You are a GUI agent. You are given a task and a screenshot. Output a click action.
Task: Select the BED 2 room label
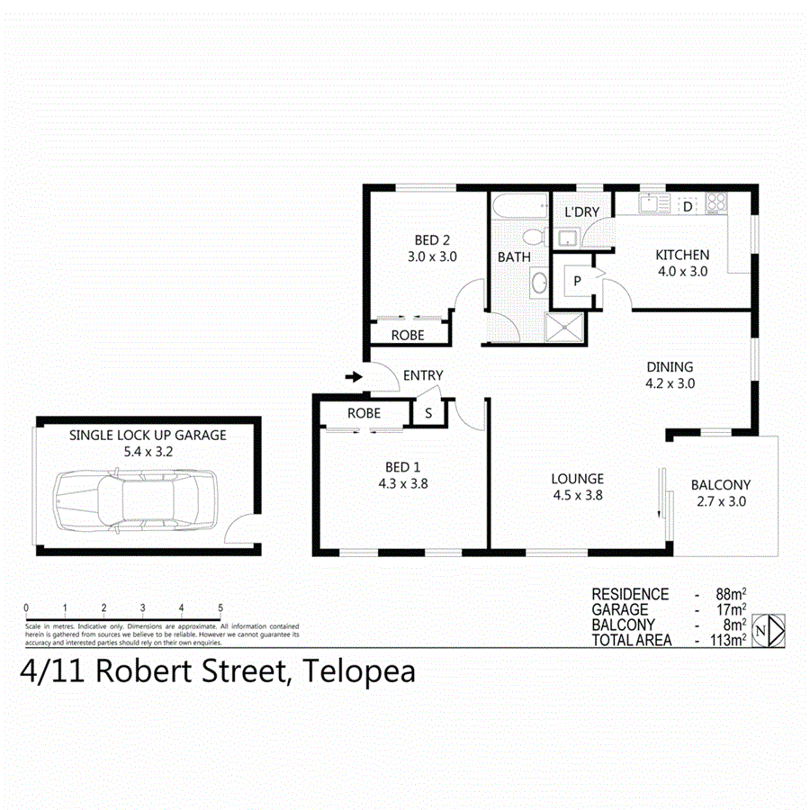(432, 240)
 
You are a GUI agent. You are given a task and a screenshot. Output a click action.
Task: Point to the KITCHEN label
(681, 255)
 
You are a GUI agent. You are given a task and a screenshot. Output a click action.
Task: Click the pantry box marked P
(576, 281)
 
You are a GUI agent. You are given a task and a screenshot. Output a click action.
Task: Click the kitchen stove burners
(716, 203)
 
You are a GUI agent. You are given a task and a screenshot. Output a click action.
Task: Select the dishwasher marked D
(687, 207)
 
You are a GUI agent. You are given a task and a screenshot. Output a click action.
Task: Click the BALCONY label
(720, 485)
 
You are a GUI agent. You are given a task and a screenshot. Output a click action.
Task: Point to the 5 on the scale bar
(220, 608)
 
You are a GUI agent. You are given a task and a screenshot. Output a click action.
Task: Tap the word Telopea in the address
(360, 671)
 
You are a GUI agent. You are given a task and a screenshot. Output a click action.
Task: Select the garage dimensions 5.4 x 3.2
(148, 451)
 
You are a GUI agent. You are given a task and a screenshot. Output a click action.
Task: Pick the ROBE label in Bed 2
(408, 335)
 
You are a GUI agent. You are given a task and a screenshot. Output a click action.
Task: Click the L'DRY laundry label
(582, 212)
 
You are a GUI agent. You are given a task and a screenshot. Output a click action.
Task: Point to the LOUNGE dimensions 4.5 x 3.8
(578, 494)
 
